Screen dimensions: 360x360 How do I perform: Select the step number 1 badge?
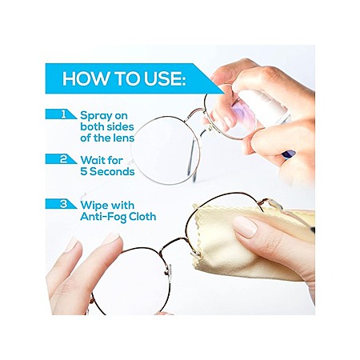pyautogui.click(x=61, y=114)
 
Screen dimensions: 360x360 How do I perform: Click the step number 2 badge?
pyautogui.click(x=61, y=159)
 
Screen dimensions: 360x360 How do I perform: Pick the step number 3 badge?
pyautogui.click(x=61, y=204)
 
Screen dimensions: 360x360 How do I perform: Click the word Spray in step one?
pyautogui.click(x=96, y=116)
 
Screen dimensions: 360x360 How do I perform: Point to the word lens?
pyautogui.click(x=123, y=138)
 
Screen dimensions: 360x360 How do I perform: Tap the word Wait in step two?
pyautogui.click(x=93, y=160)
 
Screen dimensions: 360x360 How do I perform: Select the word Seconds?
pyautogui.click(x=112, y=171)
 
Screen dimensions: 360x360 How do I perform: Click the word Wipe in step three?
pyautogui.click(x=94, y=206)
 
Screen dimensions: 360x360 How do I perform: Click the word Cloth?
pyautogui.click(x=142, y=216)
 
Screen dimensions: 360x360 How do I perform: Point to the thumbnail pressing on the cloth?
pyautogui.click(x=245, y=226)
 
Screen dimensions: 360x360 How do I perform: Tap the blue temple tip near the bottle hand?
pyautogui.click(x=289, y=154)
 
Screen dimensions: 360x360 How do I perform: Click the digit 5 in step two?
pyautogui.click(x=84, y=171)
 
